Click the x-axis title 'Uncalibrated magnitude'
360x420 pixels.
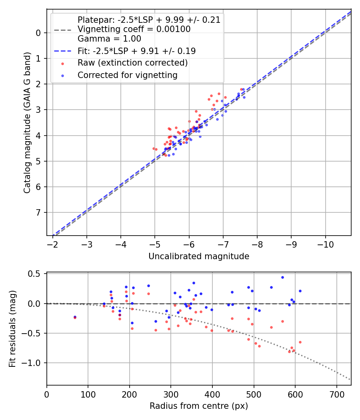[x=199, y=256]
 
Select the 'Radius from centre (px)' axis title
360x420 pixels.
[x=199, y=406]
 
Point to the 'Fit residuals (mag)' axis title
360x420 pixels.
[x=13, y=328]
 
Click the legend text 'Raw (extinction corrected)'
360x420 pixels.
[x=132, y=63]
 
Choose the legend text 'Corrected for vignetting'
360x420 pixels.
[x=127, y=75]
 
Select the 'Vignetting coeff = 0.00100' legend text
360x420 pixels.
[x=134, y=29]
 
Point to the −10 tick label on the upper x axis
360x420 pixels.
[x=325, y=244]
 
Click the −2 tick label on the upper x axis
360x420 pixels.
[x=53, y=244]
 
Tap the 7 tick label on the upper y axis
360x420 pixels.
[x=39, y=212]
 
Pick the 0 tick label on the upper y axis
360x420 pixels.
[x=39, y=33]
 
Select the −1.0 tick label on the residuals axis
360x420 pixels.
[x=34, y=363]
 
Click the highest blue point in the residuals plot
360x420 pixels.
[x=282, y=277]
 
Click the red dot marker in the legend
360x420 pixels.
[x=62, y=63]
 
